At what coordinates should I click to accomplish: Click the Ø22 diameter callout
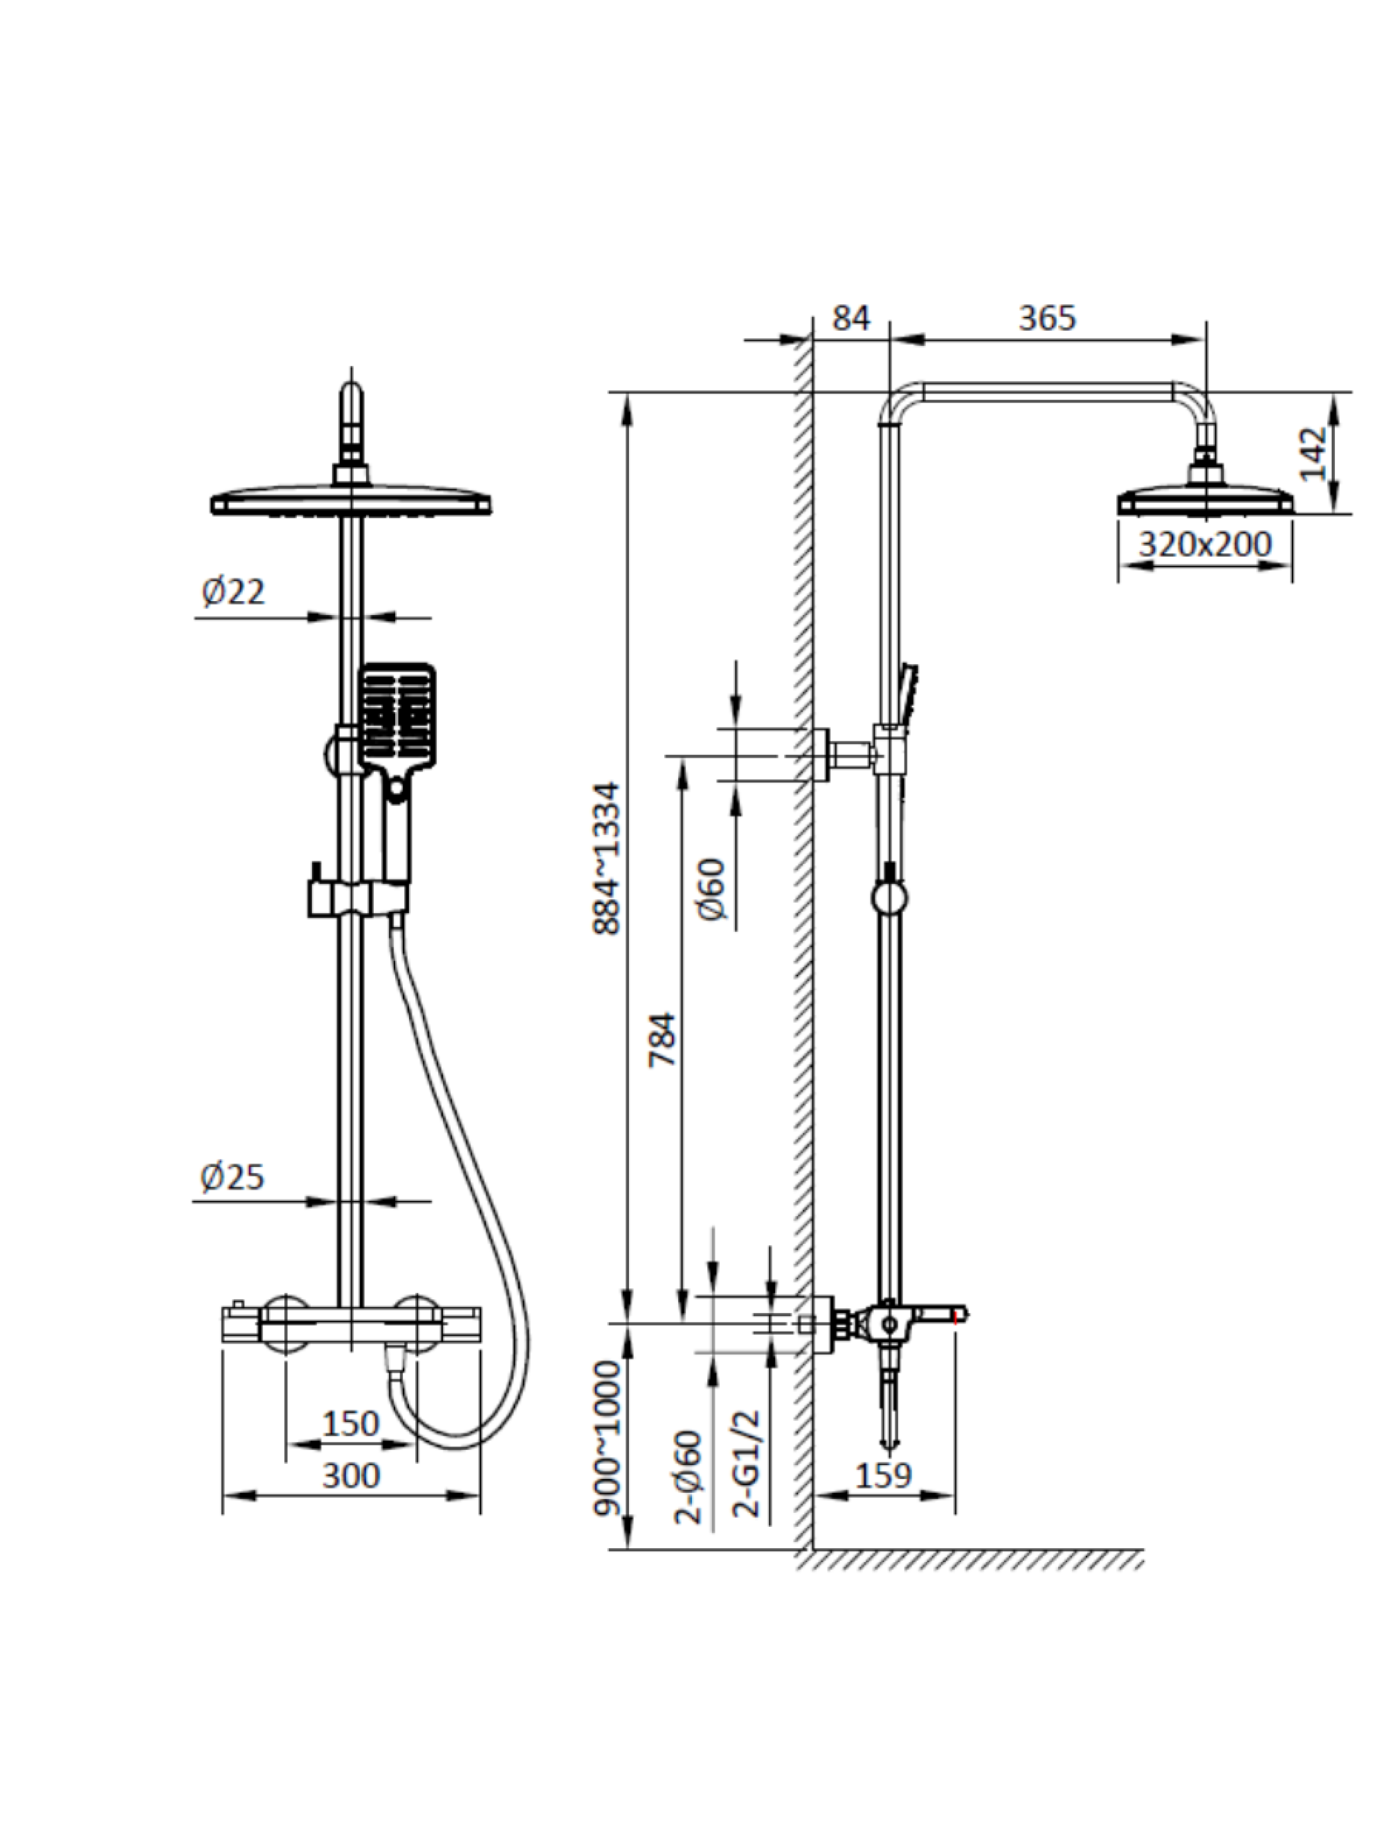coord(233,592)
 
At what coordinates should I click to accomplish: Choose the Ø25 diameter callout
coord(232,1177)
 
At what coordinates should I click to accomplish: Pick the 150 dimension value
coord(350,1424)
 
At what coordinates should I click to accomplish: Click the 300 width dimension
coord(350,1476)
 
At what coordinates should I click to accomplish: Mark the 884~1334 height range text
coord(608,859)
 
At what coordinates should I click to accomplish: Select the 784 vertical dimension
coord(663,1038)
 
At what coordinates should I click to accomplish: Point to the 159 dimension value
coord(882,1476)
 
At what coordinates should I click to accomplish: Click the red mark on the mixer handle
coord(956,1317)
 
